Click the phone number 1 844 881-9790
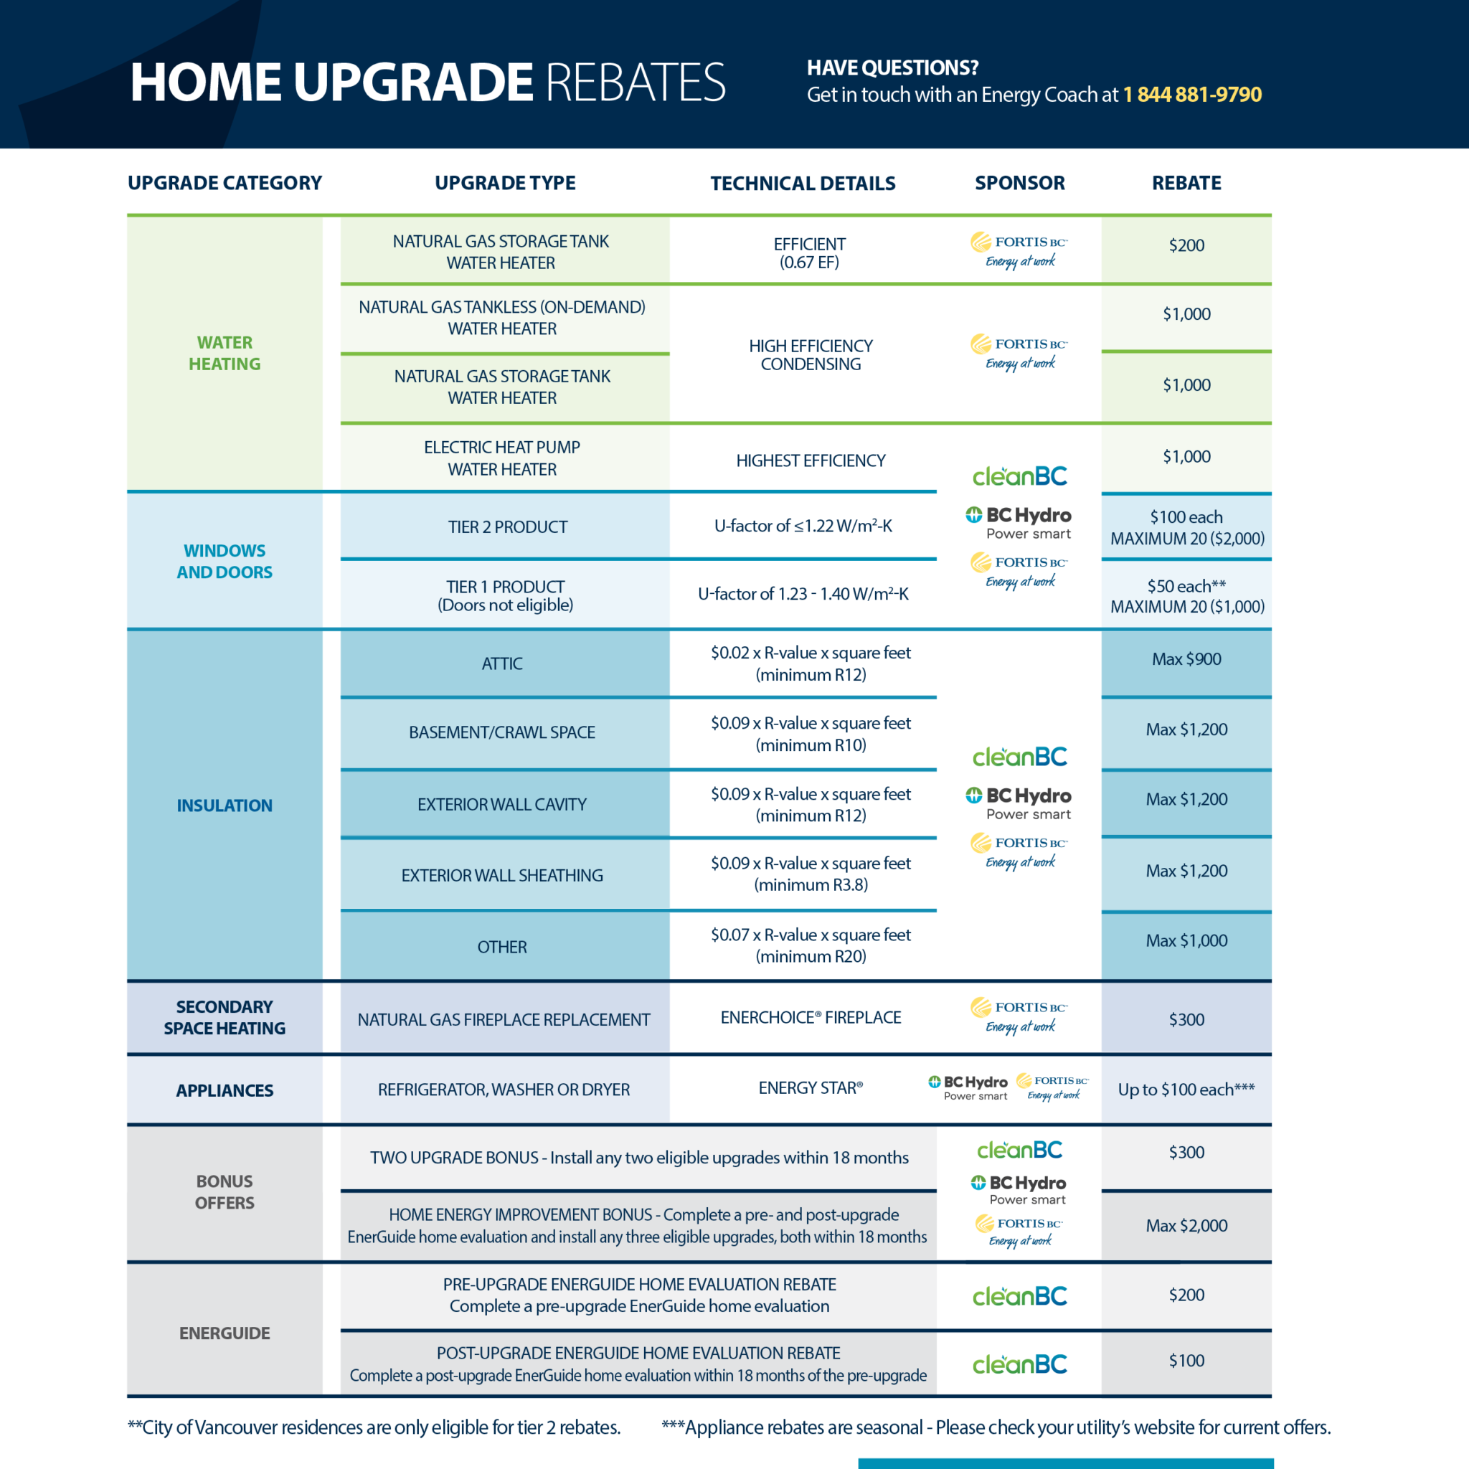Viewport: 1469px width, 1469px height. (x=1191, y=94)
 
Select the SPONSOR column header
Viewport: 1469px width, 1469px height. (x=1020, y=182)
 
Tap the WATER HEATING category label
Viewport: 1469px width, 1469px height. (x=225, y=354)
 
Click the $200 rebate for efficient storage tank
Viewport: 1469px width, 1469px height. (x=1186, y=245)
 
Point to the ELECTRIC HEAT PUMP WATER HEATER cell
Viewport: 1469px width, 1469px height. (x=502, y=458)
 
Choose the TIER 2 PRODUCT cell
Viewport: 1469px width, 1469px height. (x=507, y=527)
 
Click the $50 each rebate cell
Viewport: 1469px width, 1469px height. (x=1186, y=595)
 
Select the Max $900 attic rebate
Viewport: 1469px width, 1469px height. (x=1186, y=659)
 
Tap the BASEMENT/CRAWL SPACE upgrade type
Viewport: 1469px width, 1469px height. (x=502, y=732)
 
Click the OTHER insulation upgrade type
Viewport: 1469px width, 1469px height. (x=502, y=947)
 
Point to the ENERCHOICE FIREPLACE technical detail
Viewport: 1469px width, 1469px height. (x=811, y=1017)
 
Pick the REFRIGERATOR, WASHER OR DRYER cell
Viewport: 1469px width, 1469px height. (x=504, y=1090)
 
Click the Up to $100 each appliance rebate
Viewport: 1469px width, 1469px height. (x=1186, y=1090)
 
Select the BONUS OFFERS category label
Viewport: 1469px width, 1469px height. (x=225, y=1191)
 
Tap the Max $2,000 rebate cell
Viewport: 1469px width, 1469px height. (x=1186, y=1226)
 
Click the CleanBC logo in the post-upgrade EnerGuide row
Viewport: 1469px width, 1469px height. (x=1020, y=1364)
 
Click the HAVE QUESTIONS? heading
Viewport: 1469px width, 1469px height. (x=892, y=67)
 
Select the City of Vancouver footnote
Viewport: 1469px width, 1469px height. (x=374, y=1427)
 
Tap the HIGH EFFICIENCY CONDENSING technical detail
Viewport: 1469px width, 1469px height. (x=811, y=354)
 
